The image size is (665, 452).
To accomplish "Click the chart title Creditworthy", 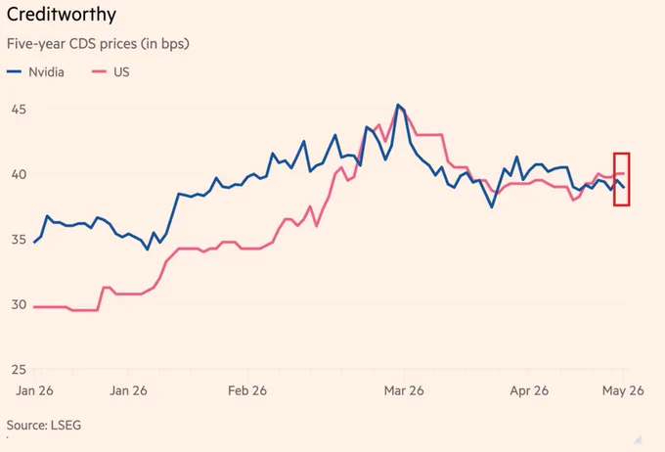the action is pyautogui.click(x=62, y=15).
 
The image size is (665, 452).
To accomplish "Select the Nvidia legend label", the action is pyautogui.click(x=46, y=72).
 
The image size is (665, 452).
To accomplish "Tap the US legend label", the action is pyautogui.click(x=121, y=72).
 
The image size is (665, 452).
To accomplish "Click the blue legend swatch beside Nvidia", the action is pyautogui.click(x=14, y=72).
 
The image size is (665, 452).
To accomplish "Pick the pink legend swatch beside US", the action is pyautogui.click(x=99, y=72).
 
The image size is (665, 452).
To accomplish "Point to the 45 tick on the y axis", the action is pyautogui.click(x=20, y=110).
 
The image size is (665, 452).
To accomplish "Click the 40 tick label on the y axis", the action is pyautogui.click(x=20, y=174).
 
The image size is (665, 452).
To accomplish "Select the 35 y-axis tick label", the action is pyautogui.click(x=20, y=240).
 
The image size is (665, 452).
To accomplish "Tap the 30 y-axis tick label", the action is pyautogui.click(x=20, y=304).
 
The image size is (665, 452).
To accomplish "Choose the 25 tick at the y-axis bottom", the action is pyautogui.click(x=20, y=370).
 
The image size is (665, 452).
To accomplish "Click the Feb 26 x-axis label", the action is pyautogui.click(x=247, y=390).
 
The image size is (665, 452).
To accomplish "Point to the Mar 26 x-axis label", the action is pyautogui.click(x=404, y=390).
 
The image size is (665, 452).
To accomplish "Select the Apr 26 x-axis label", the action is pyautogui.click(x=529, y=390).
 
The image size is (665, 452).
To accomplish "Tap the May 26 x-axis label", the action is pyautogui.click(x=623, y=390).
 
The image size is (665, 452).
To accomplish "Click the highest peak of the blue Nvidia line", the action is pyautogui.click(x=398, y=105).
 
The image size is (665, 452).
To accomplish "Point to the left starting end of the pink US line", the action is pyautogui.click(x=34, y=307).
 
